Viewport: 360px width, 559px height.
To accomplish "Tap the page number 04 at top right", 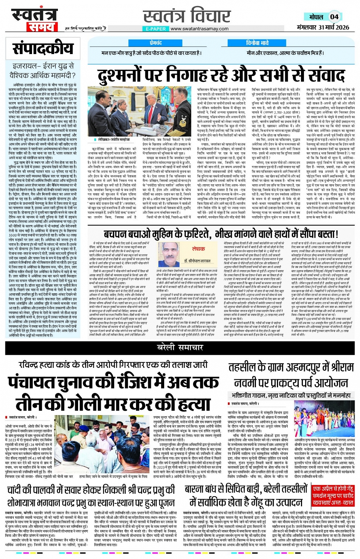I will click(x=334, y=17).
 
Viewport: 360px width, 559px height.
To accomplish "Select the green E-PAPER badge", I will click(x=156, y=29).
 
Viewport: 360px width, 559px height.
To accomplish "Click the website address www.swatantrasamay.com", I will click(x=199, y=29).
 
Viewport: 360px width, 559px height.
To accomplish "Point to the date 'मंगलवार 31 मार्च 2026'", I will click(x=323, y=27).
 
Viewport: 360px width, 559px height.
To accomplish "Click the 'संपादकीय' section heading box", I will click(x=43, y=48).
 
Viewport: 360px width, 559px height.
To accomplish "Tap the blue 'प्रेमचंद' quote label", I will click(x=155, y=43).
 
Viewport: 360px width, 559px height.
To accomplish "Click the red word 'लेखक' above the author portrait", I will click(x=198, y=249).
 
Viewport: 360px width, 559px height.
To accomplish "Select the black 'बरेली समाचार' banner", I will click(x=180, y=347).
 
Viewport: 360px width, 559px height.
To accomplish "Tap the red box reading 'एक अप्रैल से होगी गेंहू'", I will click(x=333, y=489).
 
